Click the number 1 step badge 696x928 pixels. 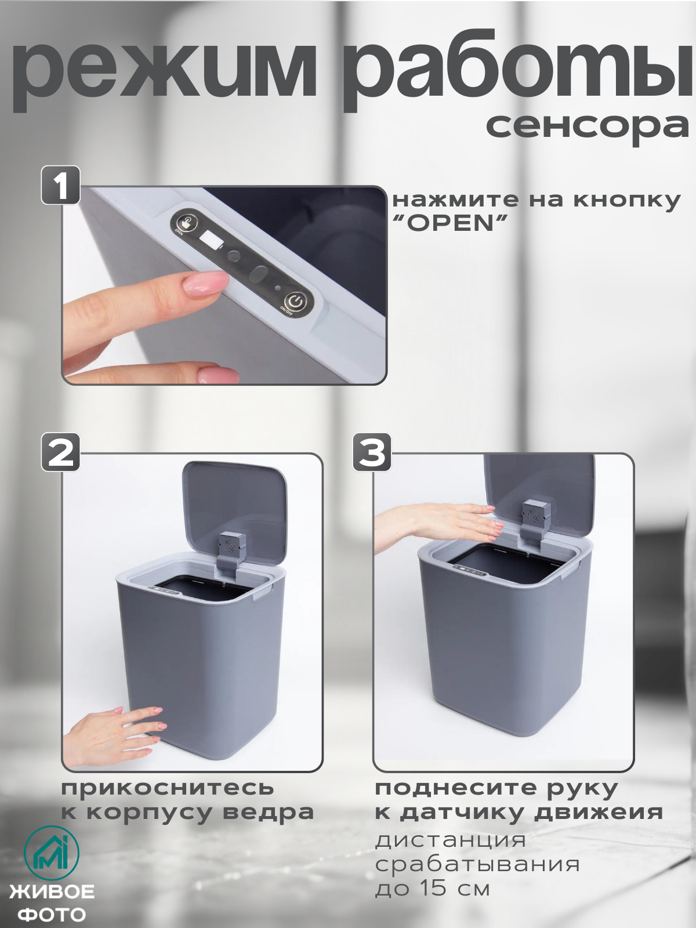point(60,186)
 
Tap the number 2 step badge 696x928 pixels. point(60,452)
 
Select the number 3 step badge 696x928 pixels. point(372,452)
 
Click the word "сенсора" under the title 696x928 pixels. point(587,126)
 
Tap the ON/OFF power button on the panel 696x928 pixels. point(296,302)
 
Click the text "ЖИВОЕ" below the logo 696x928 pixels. point(52,891)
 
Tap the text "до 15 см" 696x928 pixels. point(433,889)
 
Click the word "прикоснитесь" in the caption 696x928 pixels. point(167,788)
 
